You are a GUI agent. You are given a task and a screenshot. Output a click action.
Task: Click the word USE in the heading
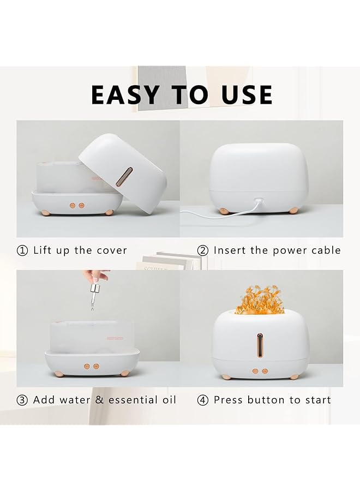pyautogui.click(x=247, y=95)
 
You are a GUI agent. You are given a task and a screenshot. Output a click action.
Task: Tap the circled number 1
pyautogui.click(x=22, y=250)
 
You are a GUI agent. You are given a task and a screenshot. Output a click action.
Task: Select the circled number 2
pyautogui.click(x=203, y=250)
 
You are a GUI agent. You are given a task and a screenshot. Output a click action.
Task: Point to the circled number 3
pyautogui.click(x=22, y=400)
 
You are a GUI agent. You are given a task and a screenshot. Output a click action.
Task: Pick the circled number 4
pyautogui.click(x=203, y=400)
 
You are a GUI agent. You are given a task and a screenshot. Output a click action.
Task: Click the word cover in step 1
pyautogui.click(x=112, y=250)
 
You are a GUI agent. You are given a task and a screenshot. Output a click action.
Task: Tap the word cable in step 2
pyautogui.click(x=326, y=250)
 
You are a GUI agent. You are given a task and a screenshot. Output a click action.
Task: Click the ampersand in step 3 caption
pyautogui.click(x=99, y=400)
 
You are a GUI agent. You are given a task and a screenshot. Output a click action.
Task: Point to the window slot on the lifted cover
pyautogui.click(x=125, y=176)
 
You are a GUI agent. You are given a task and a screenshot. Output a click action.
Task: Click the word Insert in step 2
pyautogui.click(x=229, y=250)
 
